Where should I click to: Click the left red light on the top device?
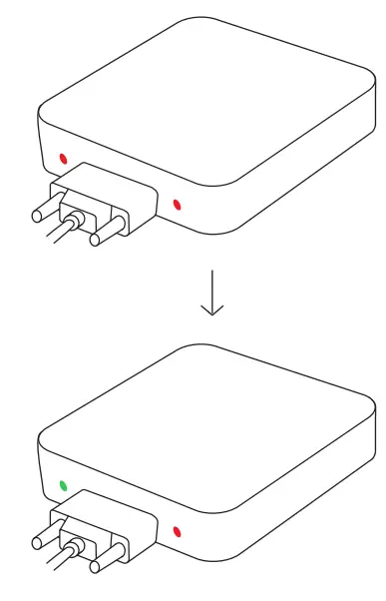point(63,158)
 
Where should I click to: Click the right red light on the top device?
point(178,206)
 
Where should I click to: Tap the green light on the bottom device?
point(63,486)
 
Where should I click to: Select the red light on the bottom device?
point(178,533)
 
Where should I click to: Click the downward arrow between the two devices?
point(211,293)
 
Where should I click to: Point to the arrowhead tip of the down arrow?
point(211,314)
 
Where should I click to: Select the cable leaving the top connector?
point(55,238)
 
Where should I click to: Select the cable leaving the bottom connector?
point(55,566)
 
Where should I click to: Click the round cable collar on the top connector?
point(75,222)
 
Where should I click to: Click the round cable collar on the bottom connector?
point(75,550)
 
